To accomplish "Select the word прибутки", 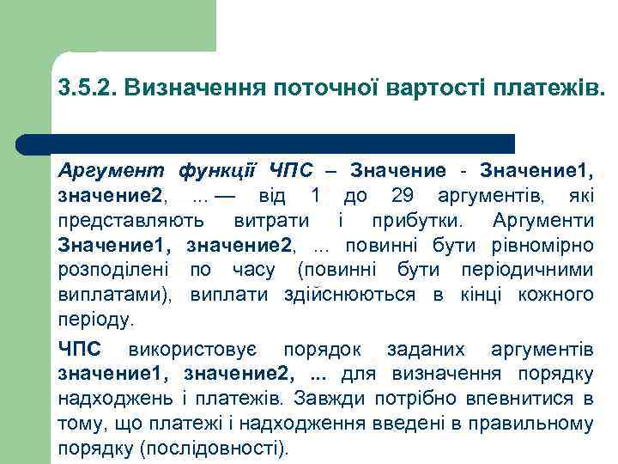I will coord(413,221).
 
